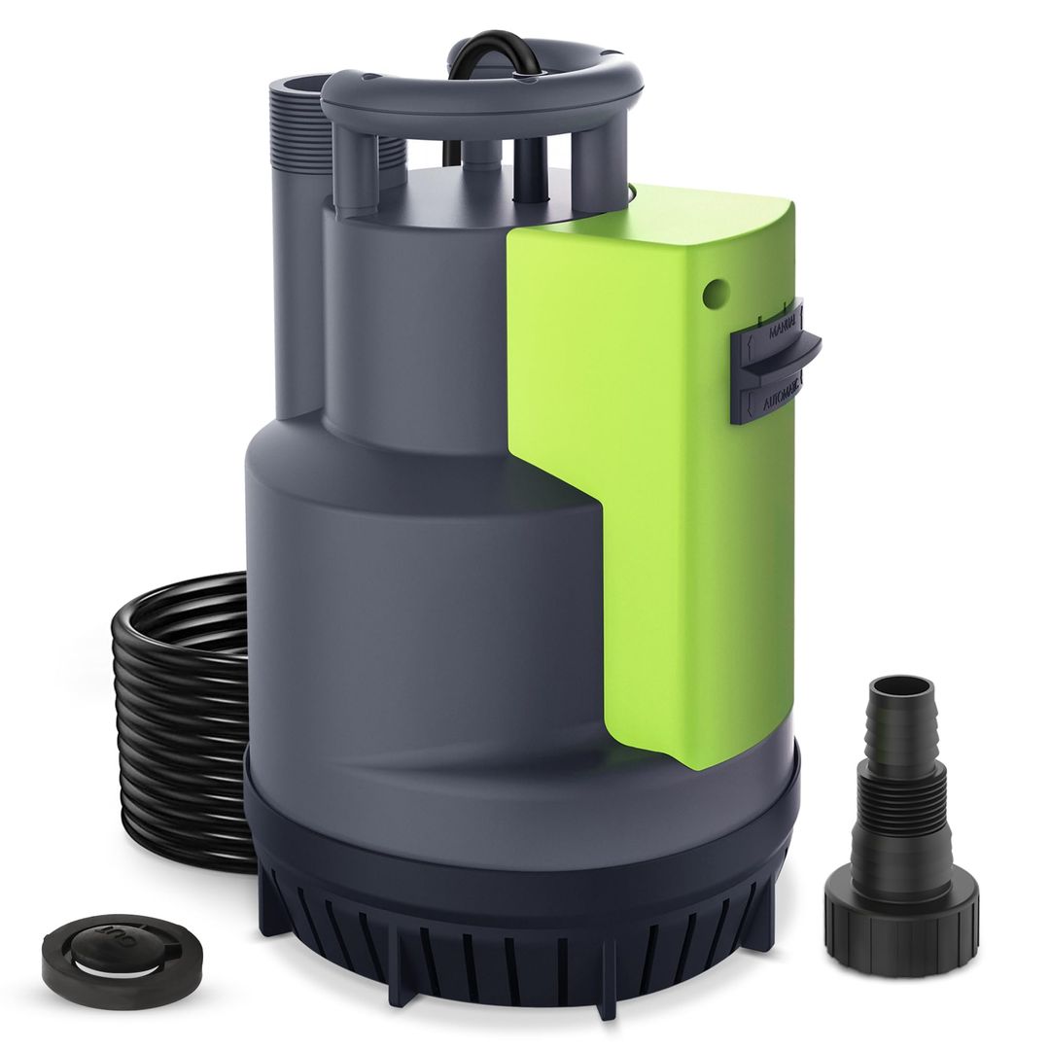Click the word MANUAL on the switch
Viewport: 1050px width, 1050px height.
pyautogui.click(x=784, y=330)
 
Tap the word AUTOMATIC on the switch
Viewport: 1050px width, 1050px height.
pyautogui.click(x=779, y=397)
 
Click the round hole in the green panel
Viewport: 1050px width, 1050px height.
pyautogui.click(x=717, y=289)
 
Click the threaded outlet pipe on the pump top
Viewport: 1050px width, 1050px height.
pyautogui.click(x=292, y=146)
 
